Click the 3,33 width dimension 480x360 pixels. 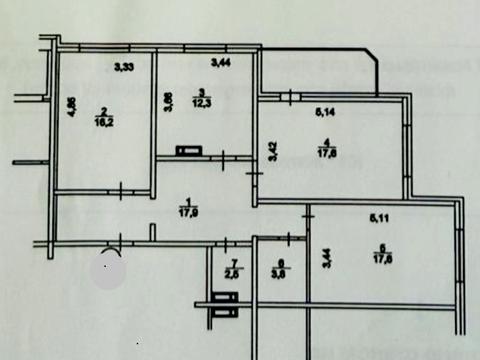(x=125, y=68)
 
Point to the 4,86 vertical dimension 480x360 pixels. (x=72, y=105)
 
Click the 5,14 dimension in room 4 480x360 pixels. (x=325, y=113)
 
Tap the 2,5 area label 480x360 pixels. (x=231, y=270)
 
